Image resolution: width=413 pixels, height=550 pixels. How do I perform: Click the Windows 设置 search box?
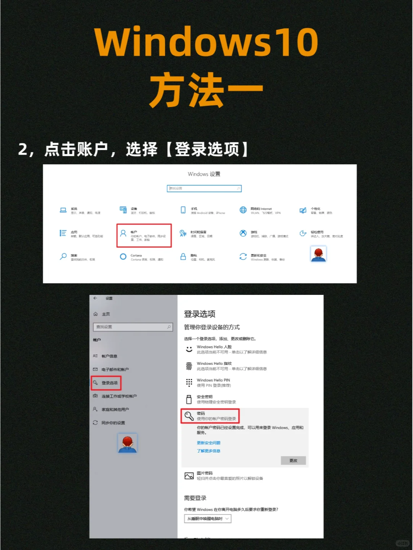pos(204,188)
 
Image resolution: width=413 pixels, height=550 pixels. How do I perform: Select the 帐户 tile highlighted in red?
pos(144,235)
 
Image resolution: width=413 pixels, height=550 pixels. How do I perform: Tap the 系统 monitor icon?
pos(63,210)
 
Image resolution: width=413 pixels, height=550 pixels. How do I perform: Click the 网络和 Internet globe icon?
pos(243,210)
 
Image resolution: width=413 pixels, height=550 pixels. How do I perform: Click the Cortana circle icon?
pos(123,257)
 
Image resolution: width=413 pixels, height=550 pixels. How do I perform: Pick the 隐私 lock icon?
pos(183,257)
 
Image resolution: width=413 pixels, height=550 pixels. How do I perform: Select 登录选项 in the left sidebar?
pos(106,383)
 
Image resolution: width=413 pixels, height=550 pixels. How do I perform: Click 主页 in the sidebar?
pos(106,314)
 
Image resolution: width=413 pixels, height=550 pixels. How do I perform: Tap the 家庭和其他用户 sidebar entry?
pos(115,409)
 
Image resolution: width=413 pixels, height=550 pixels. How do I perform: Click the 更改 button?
pos(293,461)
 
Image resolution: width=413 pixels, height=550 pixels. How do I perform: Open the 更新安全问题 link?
pos(208,443)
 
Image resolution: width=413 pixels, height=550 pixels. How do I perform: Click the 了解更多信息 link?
pos(208,451)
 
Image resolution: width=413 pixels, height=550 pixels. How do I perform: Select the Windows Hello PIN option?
pos(213,382)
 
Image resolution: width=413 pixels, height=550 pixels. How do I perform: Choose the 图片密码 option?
pos(205,476)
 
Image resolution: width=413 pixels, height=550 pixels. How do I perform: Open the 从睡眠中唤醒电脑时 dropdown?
pos(208,519)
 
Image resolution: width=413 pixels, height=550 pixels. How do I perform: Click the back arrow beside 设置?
pos(95,298)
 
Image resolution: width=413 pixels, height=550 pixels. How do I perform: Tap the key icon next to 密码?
pos(189,416)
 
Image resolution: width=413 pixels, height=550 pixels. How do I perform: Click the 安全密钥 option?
pos(205,399)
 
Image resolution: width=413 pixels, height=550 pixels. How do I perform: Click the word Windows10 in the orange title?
pos(206,42)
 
